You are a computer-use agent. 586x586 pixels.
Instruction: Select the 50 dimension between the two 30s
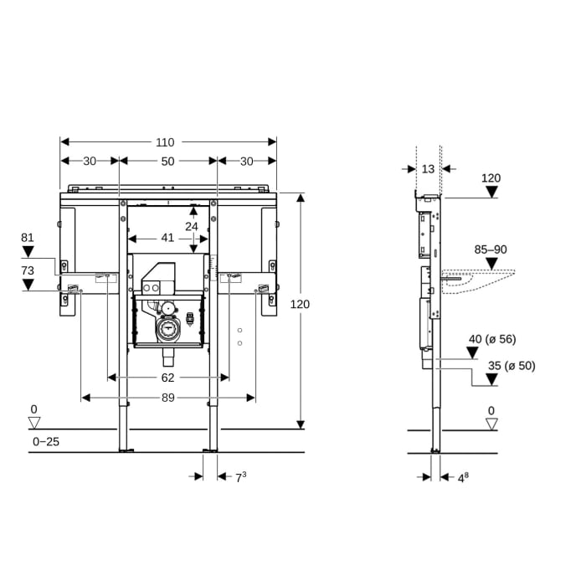coord(167,161)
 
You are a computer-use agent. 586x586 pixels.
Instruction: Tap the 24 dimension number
coord(193,226)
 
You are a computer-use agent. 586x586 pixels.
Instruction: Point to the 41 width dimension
coord(167,238)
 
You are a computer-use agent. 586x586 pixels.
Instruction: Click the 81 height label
coord(28,238)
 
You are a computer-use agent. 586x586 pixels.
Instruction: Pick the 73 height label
coord(28,270)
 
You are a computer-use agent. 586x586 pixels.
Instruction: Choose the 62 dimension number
coord(167,378)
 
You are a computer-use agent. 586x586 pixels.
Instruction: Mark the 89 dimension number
coord(167,398)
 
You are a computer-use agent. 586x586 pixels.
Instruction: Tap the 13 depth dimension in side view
coord(428,168)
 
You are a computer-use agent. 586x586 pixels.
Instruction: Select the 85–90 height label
coord(491,249)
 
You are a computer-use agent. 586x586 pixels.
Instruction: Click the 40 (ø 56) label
coord(491,338)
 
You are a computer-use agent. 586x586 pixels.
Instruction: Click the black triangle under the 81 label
coord(28,251)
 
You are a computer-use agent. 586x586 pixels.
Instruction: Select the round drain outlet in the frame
coord(167,329)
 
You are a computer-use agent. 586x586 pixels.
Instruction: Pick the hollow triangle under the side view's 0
coord(491,424)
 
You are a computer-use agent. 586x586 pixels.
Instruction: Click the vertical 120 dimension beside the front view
coord(300,304)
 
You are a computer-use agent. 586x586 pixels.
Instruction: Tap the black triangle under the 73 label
coord(28,285)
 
